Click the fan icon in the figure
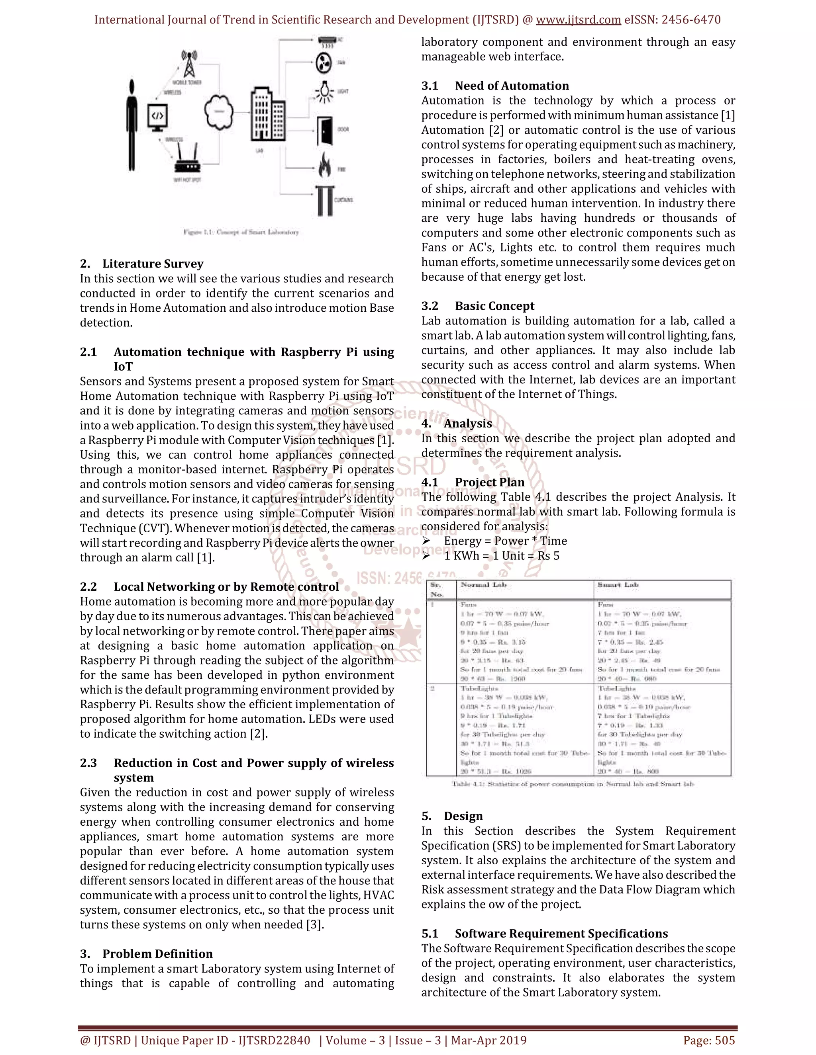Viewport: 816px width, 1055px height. pyautogui.click(x=324, y=63)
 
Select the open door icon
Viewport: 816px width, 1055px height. pyautogui.click(x=325, y=131)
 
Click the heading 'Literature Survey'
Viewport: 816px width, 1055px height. pyautogui.click(x=153, y=264)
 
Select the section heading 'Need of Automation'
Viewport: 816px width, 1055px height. pyautogui.click(x=512, y=86)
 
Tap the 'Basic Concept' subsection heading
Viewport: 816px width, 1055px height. pyautogui.click(x=494, y=306)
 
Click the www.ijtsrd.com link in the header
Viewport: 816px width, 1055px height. pyautogui.click(x=578, y=20)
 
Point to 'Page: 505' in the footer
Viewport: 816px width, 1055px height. pyautogui.click(x=709, y=1040)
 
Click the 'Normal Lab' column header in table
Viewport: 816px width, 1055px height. pyautogui.click(x=483, y=585)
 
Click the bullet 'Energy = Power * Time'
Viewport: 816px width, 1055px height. pyautogui.click(x=505, y=541)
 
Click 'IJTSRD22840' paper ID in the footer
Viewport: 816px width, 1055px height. pyautogui.click(x=274, y=1040)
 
